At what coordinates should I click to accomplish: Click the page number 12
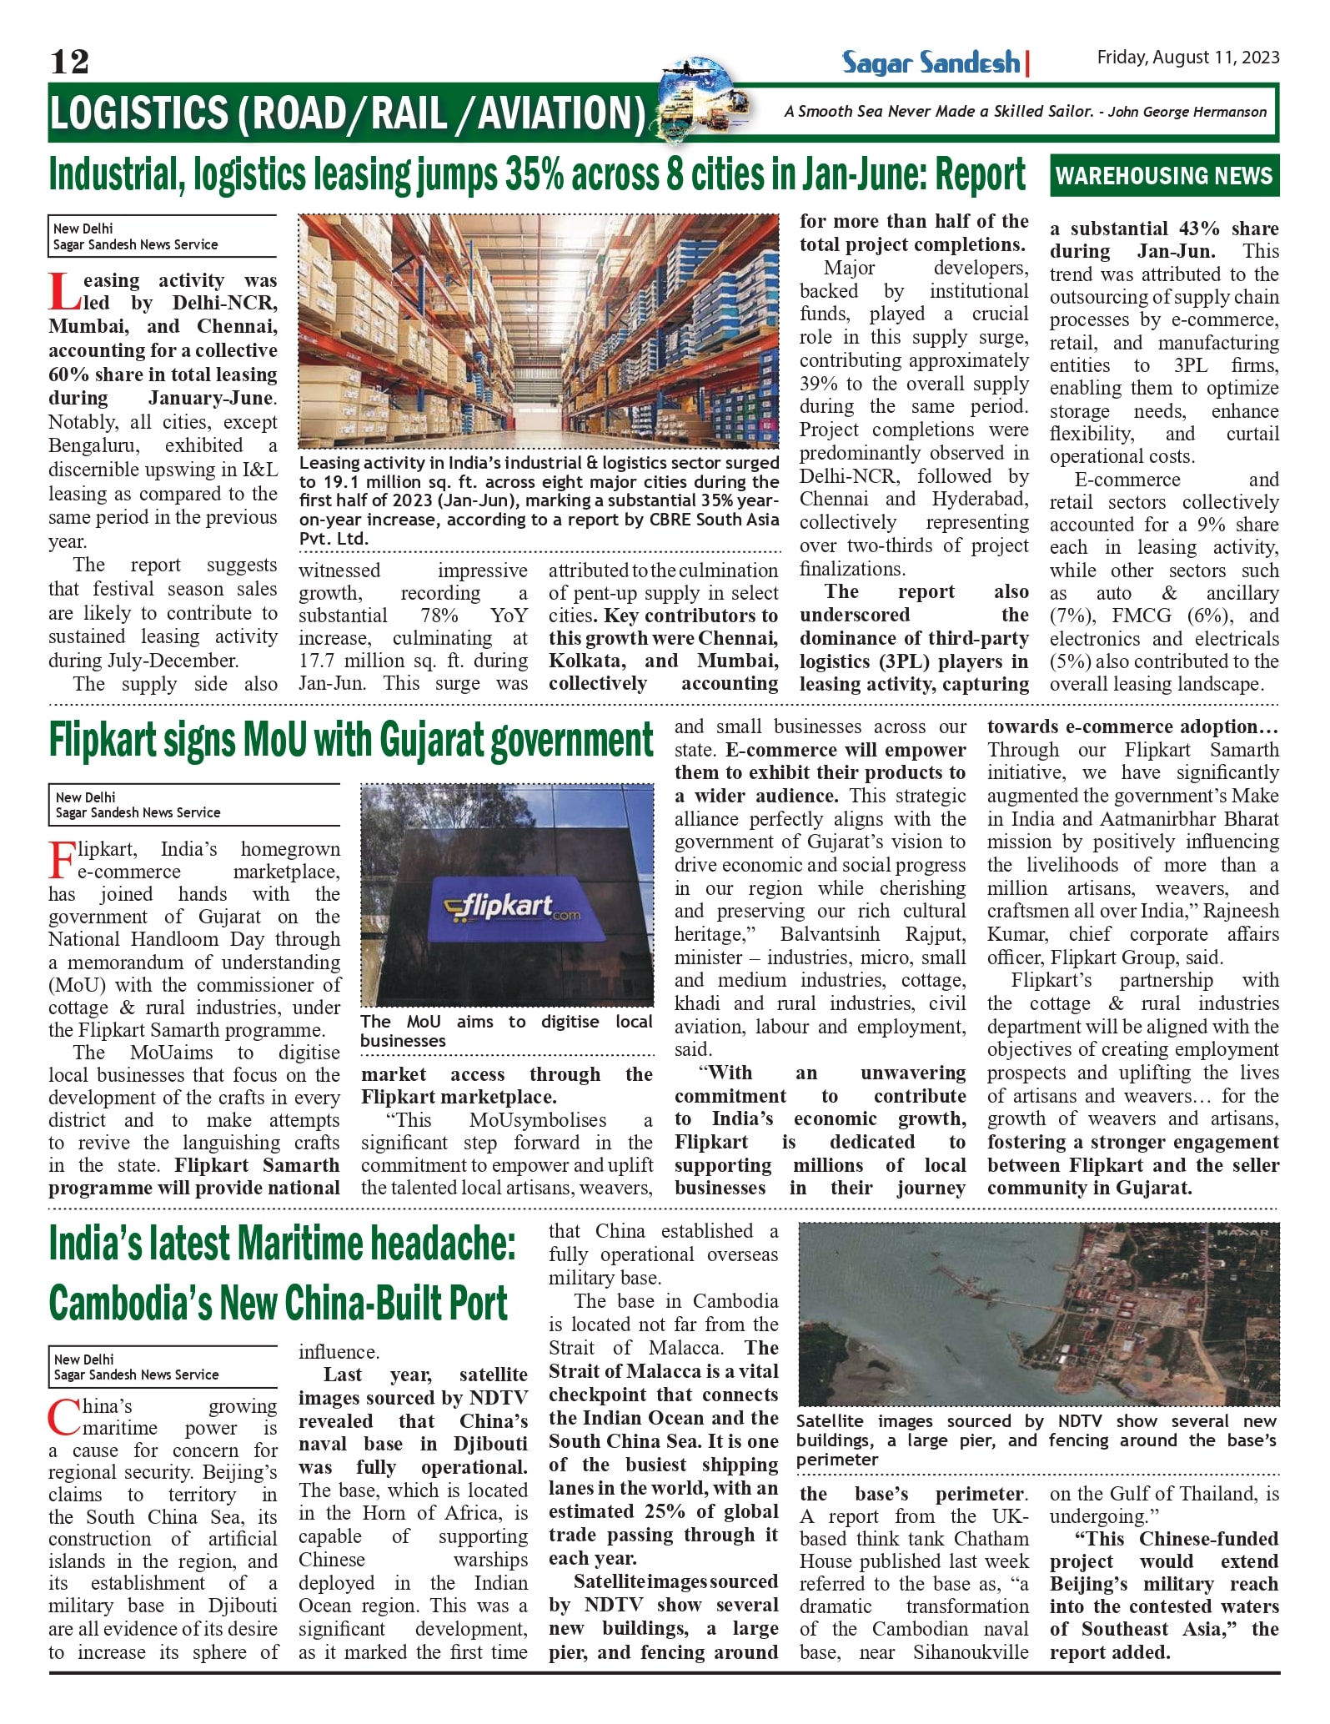[69, 61]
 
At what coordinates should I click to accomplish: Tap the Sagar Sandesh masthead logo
[931, 63]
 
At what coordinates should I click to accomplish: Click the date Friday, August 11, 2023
[1187, 57]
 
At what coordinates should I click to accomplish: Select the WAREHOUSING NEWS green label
[1164, 176]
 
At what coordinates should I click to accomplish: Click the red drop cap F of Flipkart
[62, 861]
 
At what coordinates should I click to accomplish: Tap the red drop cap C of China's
[63, 1419]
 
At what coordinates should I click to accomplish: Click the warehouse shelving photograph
[539, 330]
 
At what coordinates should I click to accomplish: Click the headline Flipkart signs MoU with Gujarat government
[350, 740]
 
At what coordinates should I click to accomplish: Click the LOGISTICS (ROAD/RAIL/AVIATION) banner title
[347, 113]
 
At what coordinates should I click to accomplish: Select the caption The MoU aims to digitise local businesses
[505, 1031]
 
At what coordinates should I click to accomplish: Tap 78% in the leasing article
[439, 616]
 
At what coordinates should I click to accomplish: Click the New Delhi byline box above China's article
[163, 1366]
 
